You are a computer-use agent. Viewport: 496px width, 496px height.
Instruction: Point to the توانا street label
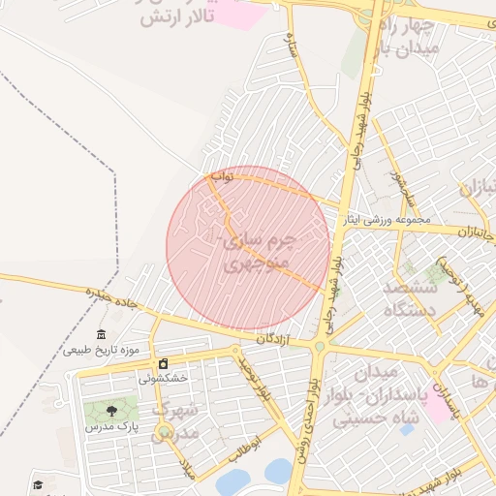[222, 177]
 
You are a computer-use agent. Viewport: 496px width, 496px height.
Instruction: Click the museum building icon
[102, 335]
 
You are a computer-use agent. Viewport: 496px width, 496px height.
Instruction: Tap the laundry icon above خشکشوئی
[163, 364]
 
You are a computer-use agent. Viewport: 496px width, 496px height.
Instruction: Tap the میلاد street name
[189, 471]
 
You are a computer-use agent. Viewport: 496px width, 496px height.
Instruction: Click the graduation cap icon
[38, 485]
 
